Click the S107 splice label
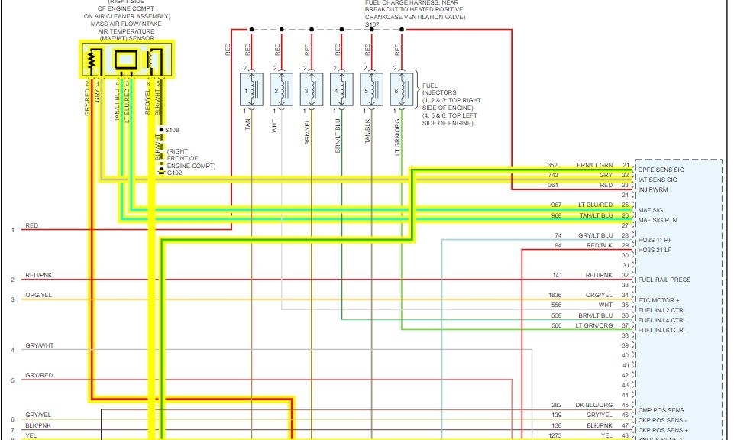tap(372, 24)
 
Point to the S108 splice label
tap(173, 130)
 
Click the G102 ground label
tap(175, 173)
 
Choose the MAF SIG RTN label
tap(658, 220)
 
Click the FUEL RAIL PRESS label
tap(664, 280)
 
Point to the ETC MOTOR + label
tap(658, 300)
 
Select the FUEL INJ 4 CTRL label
tap(661, 320)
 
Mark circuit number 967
tap(553, 205)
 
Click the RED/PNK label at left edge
tap(39, 275)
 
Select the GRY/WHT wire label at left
tap(39, 345)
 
